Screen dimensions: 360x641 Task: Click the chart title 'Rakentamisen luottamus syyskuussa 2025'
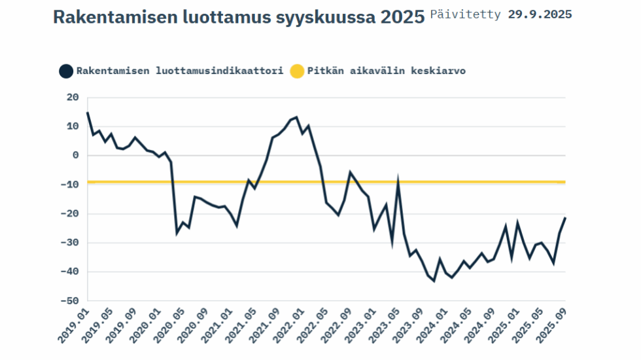click(x=239, y=17)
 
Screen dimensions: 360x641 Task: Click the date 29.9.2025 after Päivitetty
click(x=540, y=14)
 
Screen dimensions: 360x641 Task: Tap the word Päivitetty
click(x=466, y=14)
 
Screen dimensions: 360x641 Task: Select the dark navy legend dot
click(x=65, y=71)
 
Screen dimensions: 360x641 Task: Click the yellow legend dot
click(x=297, y=71)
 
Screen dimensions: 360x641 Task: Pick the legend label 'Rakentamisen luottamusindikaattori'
click(x=180, y=71)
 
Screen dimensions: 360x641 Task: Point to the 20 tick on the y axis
click(x=73, y=98)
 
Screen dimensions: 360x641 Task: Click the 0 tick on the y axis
click(x=75, y=156)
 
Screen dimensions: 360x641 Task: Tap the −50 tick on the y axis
click(x=70, y=301)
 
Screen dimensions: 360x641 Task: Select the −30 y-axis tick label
click(x=70, y=243)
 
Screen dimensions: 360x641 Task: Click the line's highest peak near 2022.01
click(x=296, y=117)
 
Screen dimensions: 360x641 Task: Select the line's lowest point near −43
click(x=434, y=281)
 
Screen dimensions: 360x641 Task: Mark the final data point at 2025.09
click(x=565, y=217)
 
